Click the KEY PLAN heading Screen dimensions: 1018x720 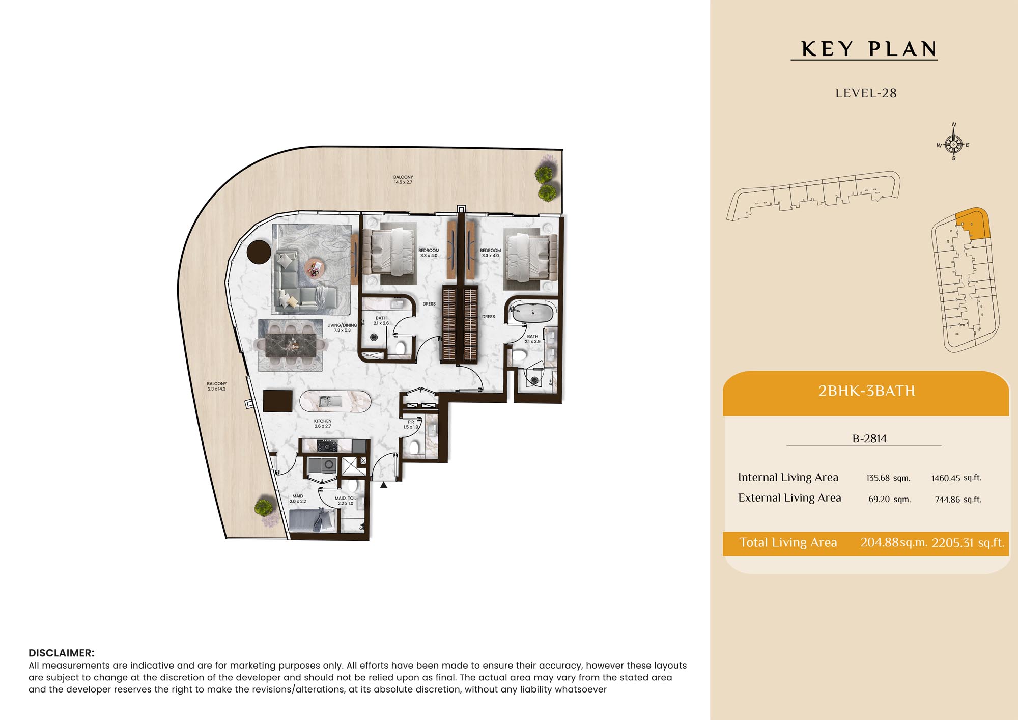click(x=869, y=49)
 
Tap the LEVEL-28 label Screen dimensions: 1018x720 click(x=866, y=93)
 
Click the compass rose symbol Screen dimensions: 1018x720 click(x=953, y=144)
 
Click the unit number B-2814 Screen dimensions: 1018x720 click(x=869, y=439)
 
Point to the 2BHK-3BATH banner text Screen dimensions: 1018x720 click(x=866, y=391)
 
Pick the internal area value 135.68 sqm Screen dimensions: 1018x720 click(x=888, y=478)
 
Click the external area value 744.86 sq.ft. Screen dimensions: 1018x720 click(x=958, y=500)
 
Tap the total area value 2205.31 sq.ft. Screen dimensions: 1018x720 click(x=968, y=543)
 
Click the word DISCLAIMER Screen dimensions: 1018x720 click(x=62, y=653)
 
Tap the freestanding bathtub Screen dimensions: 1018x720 click(x=532, y=313)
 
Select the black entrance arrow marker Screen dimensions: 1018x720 click(x=384, y=485)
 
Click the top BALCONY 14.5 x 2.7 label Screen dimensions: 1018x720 click(x=403, y=180)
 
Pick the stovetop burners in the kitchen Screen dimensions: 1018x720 click(x=327, y=446)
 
